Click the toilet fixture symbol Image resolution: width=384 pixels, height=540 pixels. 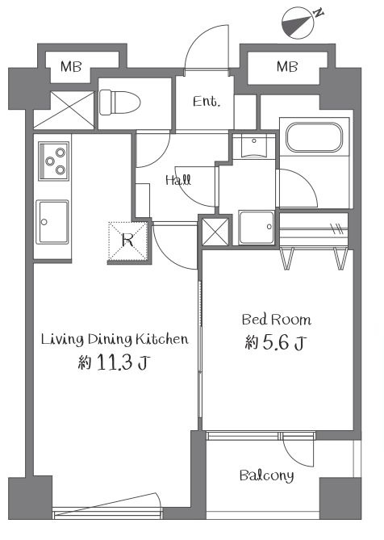point(120,103)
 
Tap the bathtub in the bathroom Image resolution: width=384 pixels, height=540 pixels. point(315,137)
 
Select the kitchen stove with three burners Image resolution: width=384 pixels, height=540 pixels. point(54,161)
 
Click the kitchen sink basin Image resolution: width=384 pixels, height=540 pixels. point(52,222)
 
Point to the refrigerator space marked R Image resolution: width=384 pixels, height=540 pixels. point(128,240)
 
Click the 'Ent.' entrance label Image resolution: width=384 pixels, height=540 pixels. point(206,101)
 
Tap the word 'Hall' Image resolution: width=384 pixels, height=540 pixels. point(178,180)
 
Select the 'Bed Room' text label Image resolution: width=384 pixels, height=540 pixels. point(276,320)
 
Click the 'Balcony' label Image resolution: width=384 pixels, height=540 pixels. point(267,475)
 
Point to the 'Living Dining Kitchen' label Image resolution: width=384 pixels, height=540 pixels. point(115,339)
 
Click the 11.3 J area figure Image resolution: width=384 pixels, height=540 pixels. point(115,362)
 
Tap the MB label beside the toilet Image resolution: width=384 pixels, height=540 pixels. point(71,66)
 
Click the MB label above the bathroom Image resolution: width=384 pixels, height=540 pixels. point(287,66)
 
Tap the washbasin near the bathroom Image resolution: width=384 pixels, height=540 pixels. point(254,146)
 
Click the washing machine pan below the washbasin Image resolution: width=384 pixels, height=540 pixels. point(257,228)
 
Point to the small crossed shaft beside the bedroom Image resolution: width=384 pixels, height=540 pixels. point(215,232)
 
